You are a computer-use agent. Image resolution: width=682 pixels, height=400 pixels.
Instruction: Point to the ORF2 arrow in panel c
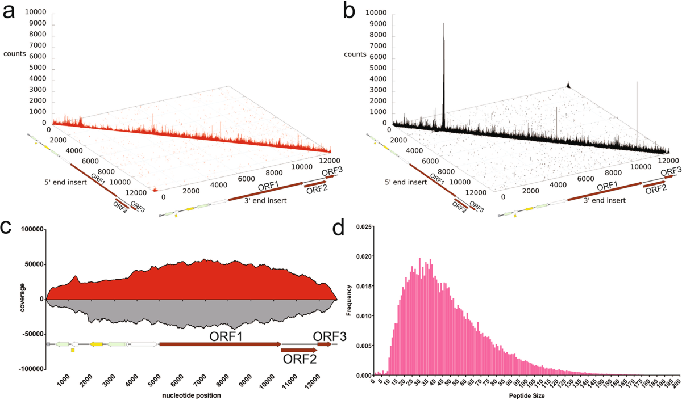(x=299, y=350)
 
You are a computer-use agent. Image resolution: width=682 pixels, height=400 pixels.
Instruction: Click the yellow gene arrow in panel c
(x=96, y=344)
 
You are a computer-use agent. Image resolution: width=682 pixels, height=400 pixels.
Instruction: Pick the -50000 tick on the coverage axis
(x=31, y=334)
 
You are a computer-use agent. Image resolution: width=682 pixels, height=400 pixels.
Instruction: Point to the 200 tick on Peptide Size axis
(x=676, y=383)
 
